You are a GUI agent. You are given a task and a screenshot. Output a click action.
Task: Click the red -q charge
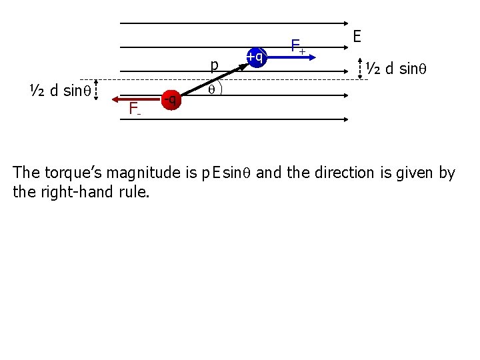click(x=171, y=100)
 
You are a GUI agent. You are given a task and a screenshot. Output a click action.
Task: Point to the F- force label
click(x=135, y=108)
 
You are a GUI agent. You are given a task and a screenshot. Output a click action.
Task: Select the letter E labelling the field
click(x=357, y=36)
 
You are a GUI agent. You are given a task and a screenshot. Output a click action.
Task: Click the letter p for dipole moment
click(x=214, y=65)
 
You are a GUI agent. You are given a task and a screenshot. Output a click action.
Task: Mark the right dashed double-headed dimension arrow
click(x=361, y=69)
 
